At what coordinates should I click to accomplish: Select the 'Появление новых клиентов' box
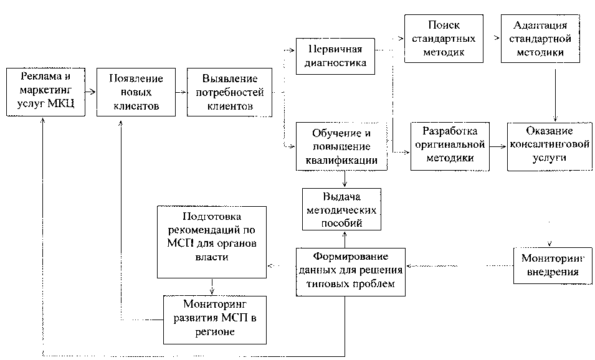[135, 92]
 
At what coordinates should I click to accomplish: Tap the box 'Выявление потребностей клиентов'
[229, 92]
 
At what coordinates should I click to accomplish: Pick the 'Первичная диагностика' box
[336, 56]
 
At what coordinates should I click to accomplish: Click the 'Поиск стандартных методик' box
[444, 39]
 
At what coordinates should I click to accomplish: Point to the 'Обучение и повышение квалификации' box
[341, 147]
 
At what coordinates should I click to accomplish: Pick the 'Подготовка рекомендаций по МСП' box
[212, 242]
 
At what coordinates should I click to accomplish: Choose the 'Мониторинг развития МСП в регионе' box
[216, 318]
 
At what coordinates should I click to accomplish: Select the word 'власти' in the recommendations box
[211, 257]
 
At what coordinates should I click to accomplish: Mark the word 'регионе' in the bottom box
[216, 332]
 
